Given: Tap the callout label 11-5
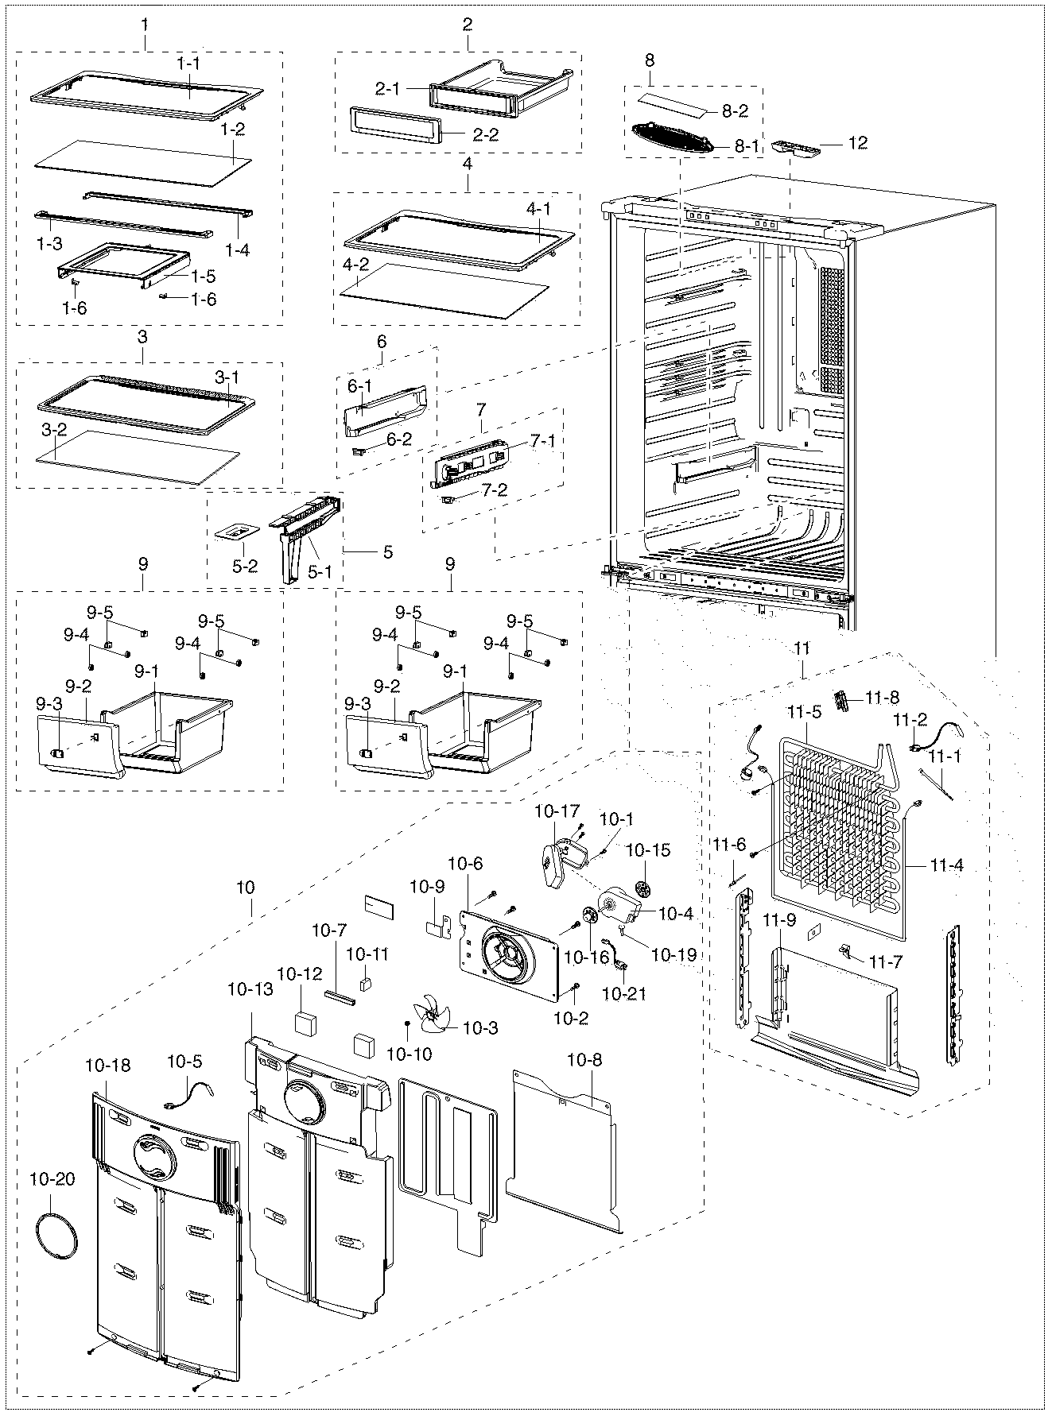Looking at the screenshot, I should coord(804,712).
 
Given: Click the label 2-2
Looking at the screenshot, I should coord(485,134).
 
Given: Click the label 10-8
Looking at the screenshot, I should coord(584,1059).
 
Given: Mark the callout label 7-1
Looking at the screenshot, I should coord(543,441).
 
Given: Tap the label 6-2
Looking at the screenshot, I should coord(399,438).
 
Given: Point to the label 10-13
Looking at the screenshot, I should coord(250,989).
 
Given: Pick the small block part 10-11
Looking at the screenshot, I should coord(366,984).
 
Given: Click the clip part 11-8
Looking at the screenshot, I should coord(843,700).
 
